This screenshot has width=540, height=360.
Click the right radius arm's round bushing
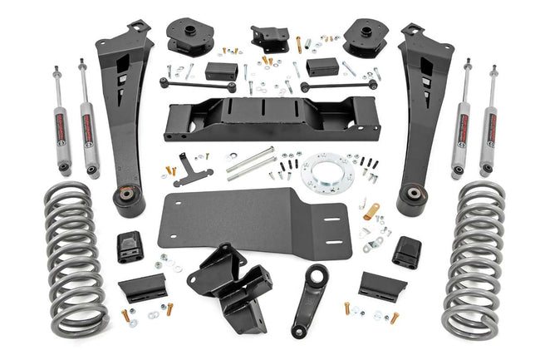(x=413, y=200)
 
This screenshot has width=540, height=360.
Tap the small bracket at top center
(x=270, y=38)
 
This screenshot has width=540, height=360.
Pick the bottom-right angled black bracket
(x=383, y=285)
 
